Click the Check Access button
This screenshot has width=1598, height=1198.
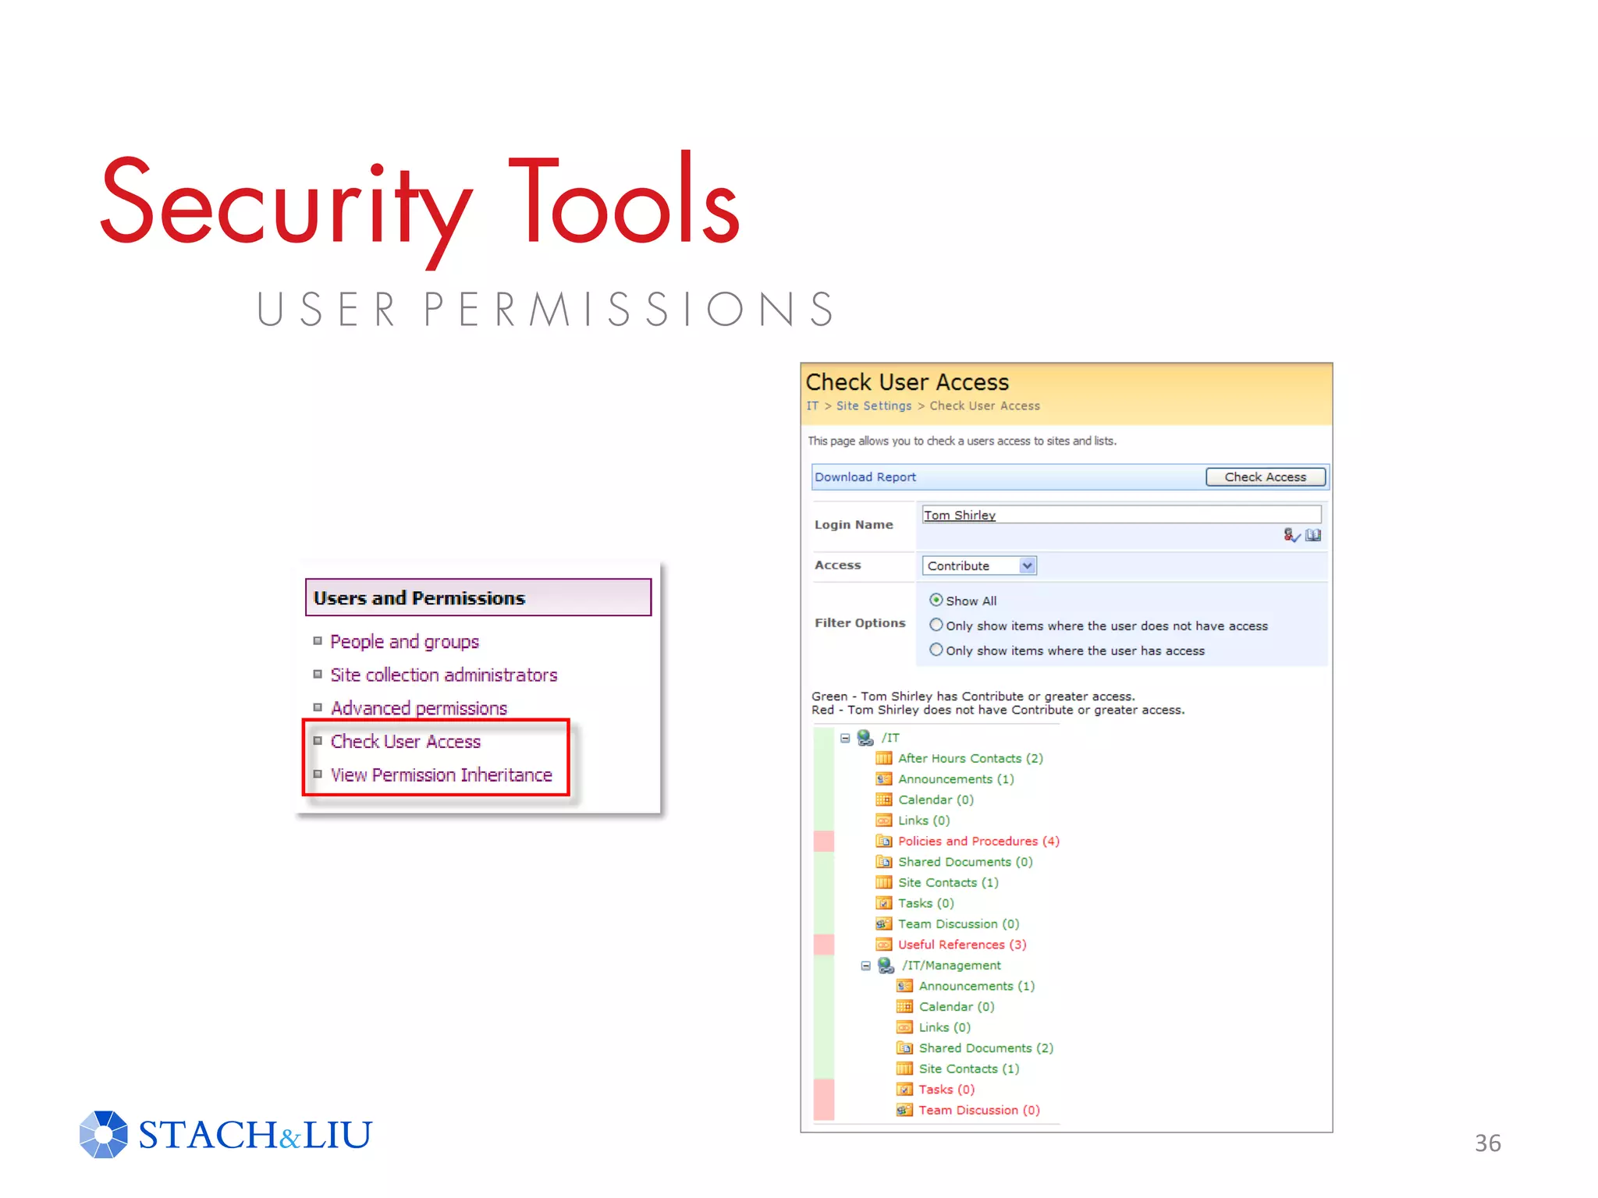[1264, 477]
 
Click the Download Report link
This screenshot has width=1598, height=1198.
[865, 477]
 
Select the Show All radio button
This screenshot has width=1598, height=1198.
[936, 600]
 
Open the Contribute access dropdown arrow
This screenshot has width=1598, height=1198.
[1027, 565]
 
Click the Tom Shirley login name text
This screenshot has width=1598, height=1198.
[959, 515]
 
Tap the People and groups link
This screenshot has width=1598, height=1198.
[404, 641]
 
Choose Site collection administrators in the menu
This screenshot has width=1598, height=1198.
[443, 675]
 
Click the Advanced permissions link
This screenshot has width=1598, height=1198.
[418, 708]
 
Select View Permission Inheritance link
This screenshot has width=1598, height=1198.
[441, 774]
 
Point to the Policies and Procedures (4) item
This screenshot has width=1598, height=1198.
[978, 841]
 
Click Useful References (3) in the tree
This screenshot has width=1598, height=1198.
[961, 945]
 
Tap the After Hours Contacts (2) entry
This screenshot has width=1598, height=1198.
[970, 758]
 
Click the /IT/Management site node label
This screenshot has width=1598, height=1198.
[951, 965]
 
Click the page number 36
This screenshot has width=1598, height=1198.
[1487, 1143]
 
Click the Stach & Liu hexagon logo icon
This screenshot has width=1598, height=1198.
[103, 1134]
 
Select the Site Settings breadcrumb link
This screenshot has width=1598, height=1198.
[873, 406]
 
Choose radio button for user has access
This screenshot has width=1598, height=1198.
[936, 650]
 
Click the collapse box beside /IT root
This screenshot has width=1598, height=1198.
[845, 737]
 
